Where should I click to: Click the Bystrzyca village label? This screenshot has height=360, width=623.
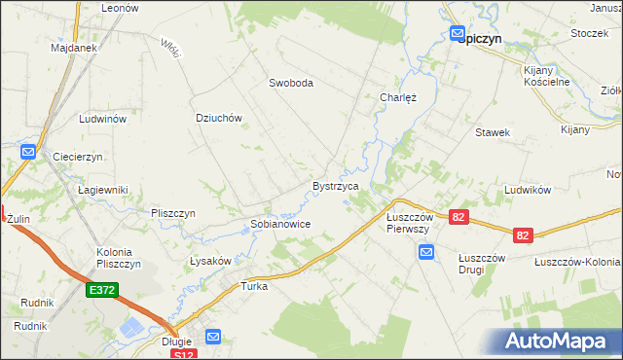tap(336, 185)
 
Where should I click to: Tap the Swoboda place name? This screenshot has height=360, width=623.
tap(291, 84)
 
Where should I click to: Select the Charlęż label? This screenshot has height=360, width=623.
tap(397, 97)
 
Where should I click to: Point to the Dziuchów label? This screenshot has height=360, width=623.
tap(218, 118)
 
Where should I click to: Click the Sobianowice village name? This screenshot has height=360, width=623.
tap(280, 224)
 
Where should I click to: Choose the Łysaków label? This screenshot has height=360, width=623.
tap(209, 262)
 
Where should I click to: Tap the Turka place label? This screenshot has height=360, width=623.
tap(254, 287)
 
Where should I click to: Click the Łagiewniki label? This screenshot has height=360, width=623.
tap(103, 191)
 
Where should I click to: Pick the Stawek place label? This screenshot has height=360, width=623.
tap(493, 132)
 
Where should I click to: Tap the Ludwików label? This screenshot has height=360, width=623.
tap(529, 190)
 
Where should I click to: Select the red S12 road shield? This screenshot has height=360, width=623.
tap(182, 355)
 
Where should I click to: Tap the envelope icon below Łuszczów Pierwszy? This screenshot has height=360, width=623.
tap(426, 253)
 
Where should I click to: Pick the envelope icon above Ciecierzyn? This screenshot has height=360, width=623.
tap(28, 153)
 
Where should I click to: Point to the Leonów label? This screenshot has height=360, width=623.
tap(121, 7)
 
